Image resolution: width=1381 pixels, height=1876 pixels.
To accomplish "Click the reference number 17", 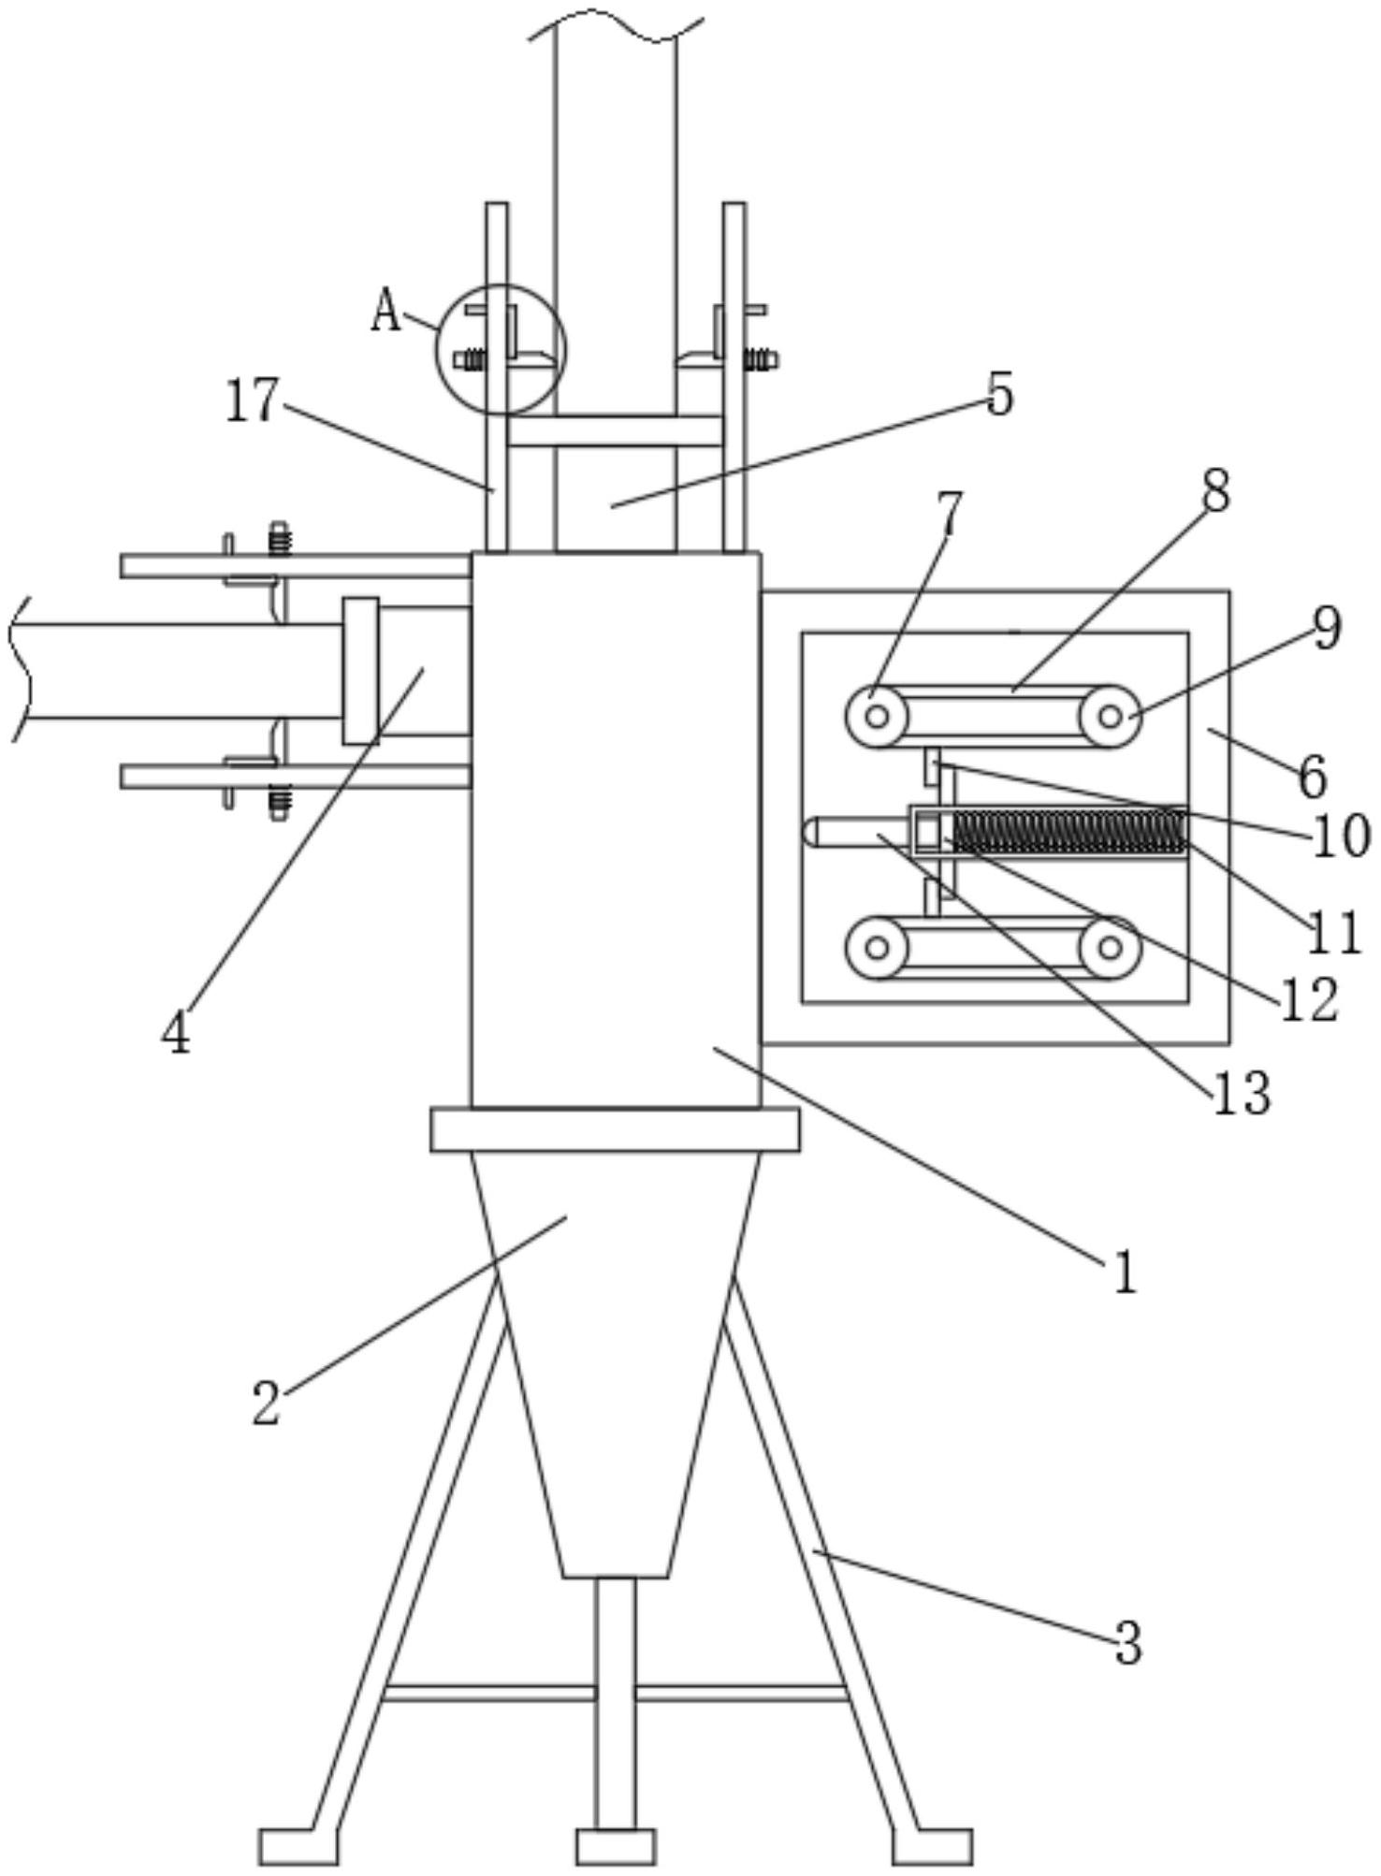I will coord(252,402).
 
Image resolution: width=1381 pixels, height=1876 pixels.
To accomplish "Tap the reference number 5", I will coord(1000,394).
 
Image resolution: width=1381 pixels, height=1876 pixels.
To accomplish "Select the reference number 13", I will coord(1242,1092).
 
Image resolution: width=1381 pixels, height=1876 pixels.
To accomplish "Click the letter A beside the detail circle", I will coord(385,313).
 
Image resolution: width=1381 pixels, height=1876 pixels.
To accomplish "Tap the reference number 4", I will coord(175,1033).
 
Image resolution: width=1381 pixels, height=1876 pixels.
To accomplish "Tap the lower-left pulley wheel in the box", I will coord(877,948).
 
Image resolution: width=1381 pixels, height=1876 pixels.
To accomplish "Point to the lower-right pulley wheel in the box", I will coord(1110,948).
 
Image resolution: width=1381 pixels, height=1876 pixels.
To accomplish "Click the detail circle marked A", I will coord(501,349).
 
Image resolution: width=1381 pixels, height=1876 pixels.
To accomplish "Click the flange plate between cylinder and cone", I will coord(615,1129).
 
